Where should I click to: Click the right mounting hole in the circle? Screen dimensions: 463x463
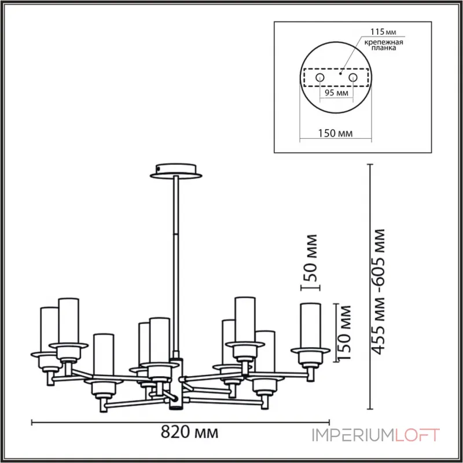pyautogui.click(x=352, y=77)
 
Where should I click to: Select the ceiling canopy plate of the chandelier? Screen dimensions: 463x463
pyautogui.click(x=174, y=172)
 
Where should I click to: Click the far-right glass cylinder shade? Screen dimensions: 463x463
pyautogui.click(x=310, y=326)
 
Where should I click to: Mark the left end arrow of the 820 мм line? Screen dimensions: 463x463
pyautogui.click(x=32, y=421)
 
